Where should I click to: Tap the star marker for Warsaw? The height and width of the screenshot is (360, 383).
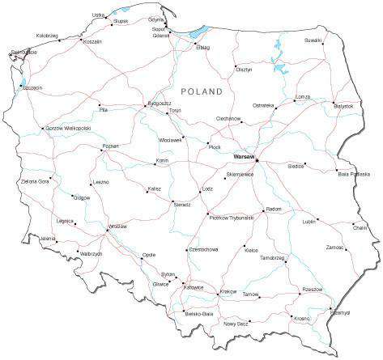tap(257, 159)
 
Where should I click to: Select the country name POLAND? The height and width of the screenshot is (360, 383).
tap(201, 92)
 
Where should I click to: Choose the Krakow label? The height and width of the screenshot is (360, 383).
tap(228, 291)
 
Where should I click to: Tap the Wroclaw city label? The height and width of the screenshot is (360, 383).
tap(117, 227)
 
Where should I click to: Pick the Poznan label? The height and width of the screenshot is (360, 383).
tap(110, 146)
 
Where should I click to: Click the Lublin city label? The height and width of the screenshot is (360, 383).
tap(309, 221)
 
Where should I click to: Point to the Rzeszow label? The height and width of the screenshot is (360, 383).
tap(312, 289)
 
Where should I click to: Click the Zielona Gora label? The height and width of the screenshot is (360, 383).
tap(34, 181)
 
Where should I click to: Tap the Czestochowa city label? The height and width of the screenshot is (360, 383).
tap(202, 249)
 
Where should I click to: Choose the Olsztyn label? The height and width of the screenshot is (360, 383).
tap(244, 70)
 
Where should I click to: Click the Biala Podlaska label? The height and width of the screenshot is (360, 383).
tap(354, 174)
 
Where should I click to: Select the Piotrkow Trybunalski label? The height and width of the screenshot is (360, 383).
tap(232, 217)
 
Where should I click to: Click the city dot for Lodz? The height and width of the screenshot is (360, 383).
tap(200, 193)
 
